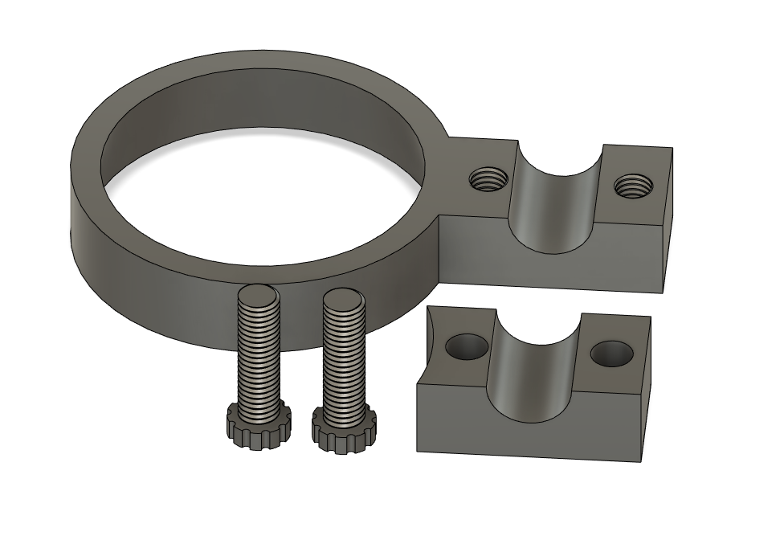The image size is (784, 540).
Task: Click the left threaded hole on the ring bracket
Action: point(487,178)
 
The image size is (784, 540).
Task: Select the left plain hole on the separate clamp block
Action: point(467,346)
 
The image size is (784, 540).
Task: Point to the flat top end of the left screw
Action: point(256,295)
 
